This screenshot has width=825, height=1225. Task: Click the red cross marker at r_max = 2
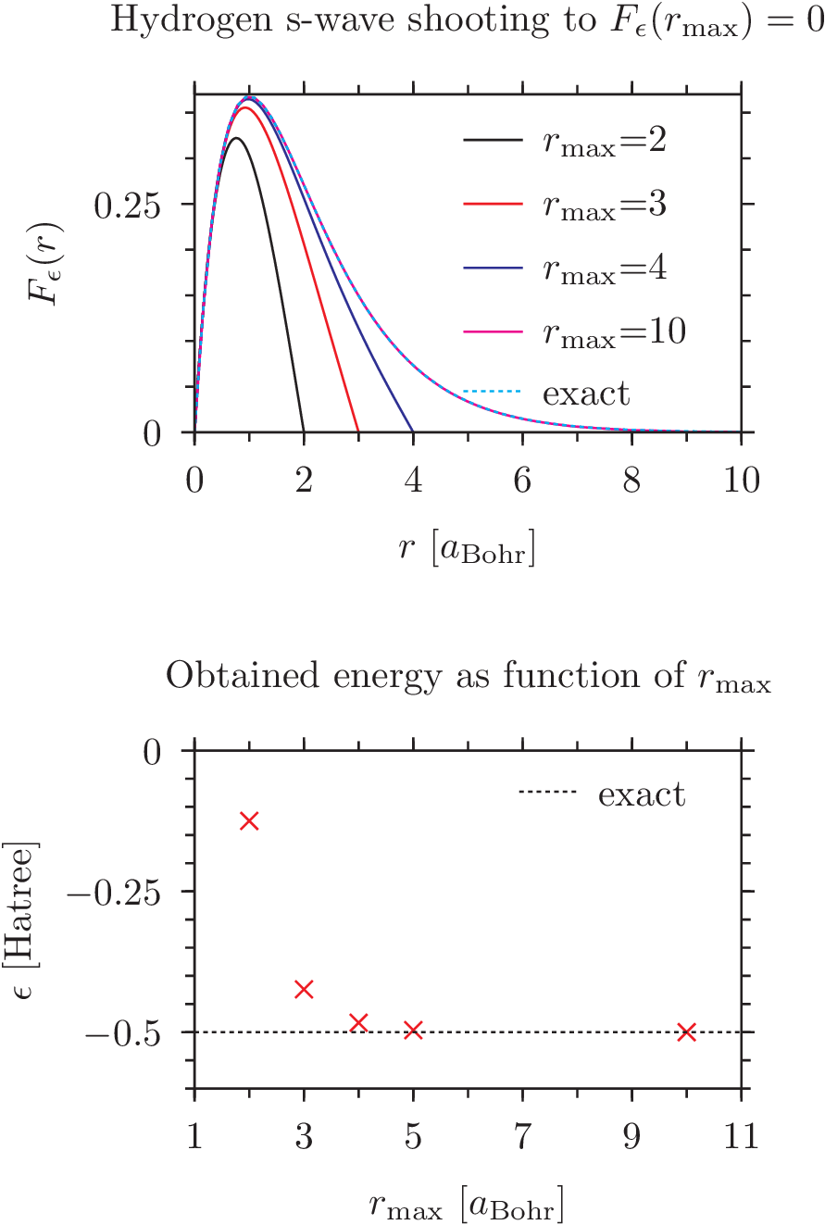pos(248,820)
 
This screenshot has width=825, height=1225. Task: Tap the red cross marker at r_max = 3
pos(304,990)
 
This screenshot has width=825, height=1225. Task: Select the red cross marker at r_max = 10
pos(686,1031)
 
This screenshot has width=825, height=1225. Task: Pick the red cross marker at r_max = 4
pos(358,1022)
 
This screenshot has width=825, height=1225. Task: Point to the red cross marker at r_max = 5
pos(413,1030)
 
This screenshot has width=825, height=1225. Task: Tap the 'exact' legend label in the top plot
pos(586,394)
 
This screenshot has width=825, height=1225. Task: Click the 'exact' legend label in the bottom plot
pos(642,794)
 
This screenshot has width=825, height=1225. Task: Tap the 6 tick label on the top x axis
pos(522,481)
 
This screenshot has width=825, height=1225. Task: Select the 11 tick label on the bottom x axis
pos(739,1136)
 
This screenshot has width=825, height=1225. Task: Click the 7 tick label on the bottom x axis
pos(522,1136)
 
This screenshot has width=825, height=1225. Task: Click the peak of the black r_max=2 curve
pos(236,138)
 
